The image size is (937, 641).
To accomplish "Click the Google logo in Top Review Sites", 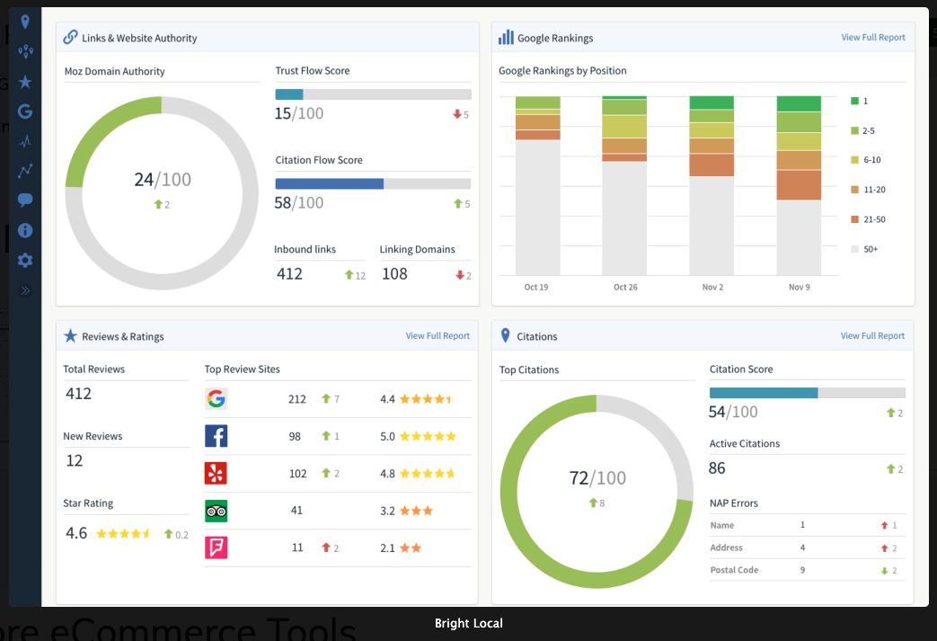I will [x=216, y=399].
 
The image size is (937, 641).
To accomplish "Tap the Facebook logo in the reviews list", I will [x=216, y=436].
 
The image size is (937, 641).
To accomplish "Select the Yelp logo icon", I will [x=216, y=473].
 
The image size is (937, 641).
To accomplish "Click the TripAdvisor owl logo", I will [x=216, y=511].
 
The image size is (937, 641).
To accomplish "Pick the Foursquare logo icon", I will [x=216, y=548].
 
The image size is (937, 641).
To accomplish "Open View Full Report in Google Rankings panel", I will [x=872, y=38].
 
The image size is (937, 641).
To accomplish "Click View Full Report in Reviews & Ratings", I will [x=438, y=336].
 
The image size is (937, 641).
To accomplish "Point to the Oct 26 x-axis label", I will [x=625, y=287].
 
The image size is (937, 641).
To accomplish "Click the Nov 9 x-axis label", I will [x=799, y=287].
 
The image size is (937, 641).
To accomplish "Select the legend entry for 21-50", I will [x=873, y=219].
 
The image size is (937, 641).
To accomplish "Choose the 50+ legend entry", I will [x=870, y=249].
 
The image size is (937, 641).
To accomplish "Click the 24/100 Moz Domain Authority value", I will [x=163, y=180].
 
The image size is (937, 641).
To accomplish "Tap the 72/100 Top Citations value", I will [x=597, y=478].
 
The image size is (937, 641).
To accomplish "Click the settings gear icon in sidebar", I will [x=25, y=261].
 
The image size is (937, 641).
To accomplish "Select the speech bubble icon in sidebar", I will [x=25, y=200].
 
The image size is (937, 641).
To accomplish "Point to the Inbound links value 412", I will [x=289, y=274].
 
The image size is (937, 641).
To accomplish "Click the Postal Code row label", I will [x=734, y=570].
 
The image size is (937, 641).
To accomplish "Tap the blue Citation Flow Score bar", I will [x=329, y=183].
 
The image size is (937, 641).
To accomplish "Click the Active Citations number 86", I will [x=717, y=468].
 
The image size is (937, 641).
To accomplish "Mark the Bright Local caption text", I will [x=468, y=623].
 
